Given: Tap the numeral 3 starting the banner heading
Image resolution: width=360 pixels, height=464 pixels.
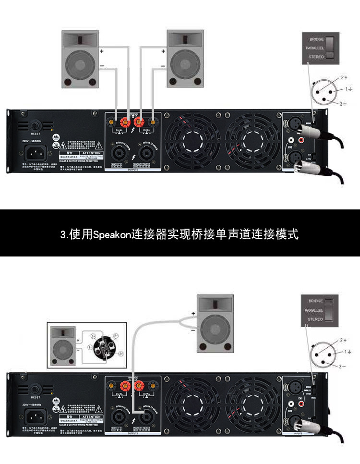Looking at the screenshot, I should [63, 234].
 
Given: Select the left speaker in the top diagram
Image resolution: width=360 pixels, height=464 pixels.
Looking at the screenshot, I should [80, 60].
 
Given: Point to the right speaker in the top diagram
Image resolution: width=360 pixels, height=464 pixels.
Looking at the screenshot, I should [184, 60].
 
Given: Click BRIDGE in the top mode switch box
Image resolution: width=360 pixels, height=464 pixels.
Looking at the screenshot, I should [317, 39].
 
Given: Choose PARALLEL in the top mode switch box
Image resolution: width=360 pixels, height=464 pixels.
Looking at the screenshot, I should [315, 48].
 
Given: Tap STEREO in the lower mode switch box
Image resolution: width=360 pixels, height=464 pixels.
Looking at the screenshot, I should [315, 319].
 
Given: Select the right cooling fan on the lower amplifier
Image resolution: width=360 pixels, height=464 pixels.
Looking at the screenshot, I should [252, 403].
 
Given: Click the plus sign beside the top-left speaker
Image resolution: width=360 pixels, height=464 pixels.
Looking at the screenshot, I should [101, 50].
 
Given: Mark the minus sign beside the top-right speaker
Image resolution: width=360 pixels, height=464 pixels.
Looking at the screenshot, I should [163, 66].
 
